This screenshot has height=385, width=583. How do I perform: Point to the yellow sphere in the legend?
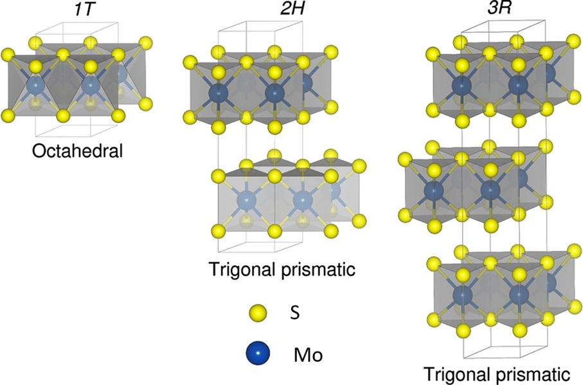[258, 314]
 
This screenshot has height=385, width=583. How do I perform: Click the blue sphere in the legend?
[258, 353]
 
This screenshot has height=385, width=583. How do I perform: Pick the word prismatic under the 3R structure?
[534, 373]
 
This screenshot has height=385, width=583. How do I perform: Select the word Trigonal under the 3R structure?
[453, 373]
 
